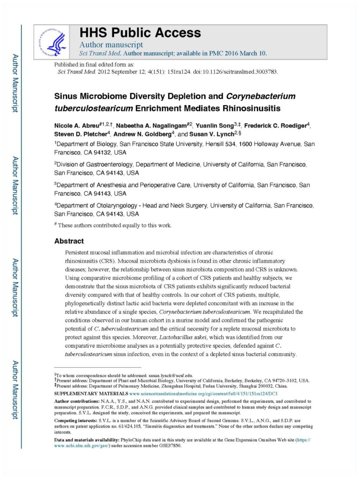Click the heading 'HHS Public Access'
[x=140, y=33]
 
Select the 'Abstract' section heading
[x=69, y=241]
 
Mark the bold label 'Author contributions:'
[x=77, y=401]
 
